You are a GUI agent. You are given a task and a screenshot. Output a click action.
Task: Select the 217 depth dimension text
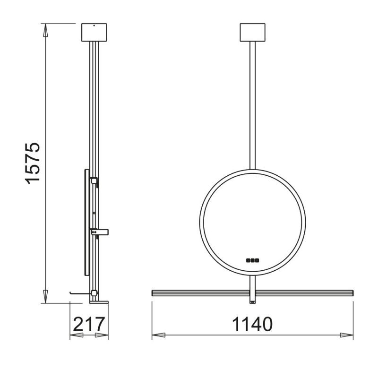(x=89, y=325)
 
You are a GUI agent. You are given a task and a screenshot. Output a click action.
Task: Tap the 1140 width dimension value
(x=252, y=325)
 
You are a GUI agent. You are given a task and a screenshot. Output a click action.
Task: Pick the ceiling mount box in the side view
(x=94, y=32)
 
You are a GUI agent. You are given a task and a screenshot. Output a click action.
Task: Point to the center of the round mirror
(x=253, y=222)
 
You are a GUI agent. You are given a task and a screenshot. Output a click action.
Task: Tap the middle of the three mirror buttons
(x=252, y=259)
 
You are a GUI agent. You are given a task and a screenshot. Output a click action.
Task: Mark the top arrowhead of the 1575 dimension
(x=46, y=29)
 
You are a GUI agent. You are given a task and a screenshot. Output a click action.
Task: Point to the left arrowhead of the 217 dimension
(x=76, y=335)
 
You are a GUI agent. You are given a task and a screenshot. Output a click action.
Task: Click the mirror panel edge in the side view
(x=86, y=222)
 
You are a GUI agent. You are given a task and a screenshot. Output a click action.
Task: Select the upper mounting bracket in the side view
(x=94, y=180)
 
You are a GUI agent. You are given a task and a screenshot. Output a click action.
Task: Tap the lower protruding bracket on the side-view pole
(x=100, y=232)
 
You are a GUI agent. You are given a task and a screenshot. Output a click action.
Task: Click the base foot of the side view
(x=99, y=301)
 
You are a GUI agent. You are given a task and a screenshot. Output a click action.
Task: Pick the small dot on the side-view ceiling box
(x=94, y=25)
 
